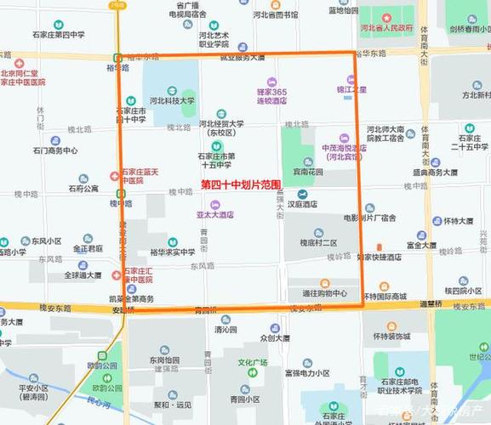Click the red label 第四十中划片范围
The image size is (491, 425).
point(241,184)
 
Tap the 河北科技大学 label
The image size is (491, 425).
point(172,100)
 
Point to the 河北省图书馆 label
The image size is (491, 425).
point(275,14)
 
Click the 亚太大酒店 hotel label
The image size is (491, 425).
point(214,215)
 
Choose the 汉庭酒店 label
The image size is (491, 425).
point(302,204)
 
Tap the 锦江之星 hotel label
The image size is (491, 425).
point(351,88)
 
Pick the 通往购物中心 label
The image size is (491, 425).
point(324,293)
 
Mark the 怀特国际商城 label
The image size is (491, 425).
point(385,297)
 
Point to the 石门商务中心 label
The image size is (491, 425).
point(55,150)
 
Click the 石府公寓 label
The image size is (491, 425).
point(83,189)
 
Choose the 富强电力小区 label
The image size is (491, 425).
point(306,373)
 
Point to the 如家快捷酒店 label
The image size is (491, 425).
point(379,257)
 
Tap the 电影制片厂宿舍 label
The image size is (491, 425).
point(369,218)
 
